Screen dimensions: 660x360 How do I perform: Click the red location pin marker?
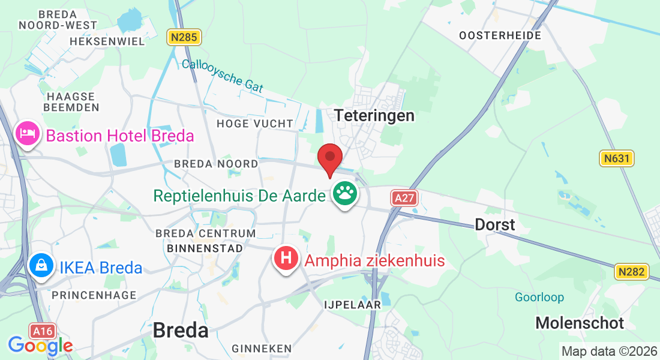(x=330, y=159)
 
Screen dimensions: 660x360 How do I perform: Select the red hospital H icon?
(x=287, y=259)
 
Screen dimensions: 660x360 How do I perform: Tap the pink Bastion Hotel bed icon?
(x=28, y=133)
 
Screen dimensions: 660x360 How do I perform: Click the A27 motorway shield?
(x=404, y=199)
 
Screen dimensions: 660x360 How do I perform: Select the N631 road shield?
(x=617, y=158)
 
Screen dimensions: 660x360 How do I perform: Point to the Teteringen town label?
(x=374, y=115)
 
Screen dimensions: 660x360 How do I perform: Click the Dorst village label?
(x=494, y=224)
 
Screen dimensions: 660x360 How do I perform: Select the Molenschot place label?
(x=580, y=323)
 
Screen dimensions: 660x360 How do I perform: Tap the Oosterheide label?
(x=500, y=35)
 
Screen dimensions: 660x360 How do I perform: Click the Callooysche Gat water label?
(x=222, y=75)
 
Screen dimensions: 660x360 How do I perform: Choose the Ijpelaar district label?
(x=352, y=305)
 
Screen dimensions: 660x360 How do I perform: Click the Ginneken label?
(x=262, y=349)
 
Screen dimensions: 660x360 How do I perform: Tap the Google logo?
(x=40, y=346)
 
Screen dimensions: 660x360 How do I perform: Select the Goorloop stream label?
(x=539, y=298)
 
